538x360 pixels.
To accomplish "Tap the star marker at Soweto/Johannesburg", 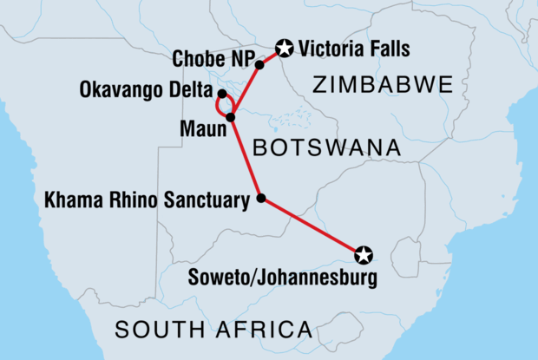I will pos(364,254).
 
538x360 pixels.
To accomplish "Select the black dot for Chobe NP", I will pos(259,64).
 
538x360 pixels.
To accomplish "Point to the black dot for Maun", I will pos(231,117).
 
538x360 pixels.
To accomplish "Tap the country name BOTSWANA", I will pos(326,148).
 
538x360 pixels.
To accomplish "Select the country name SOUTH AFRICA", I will pos(213,330).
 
